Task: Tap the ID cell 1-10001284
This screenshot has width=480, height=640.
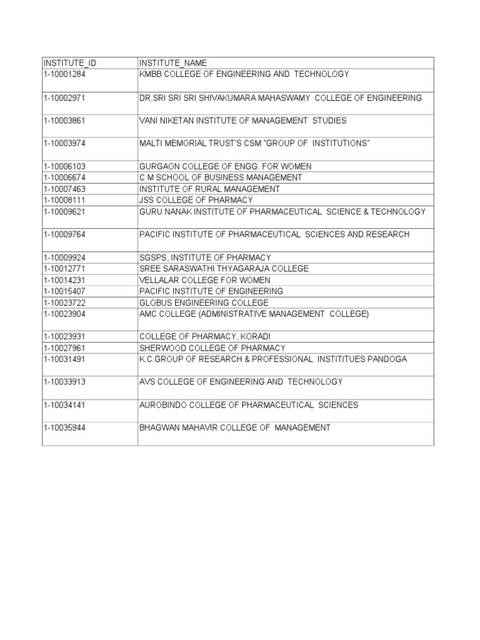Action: tap(65, 74)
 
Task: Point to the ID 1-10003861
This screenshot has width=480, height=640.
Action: tap(65, 121)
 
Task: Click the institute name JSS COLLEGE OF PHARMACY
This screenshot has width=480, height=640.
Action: tap(196, 200)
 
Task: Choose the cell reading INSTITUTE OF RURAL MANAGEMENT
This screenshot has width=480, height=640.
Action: tap(209, 189)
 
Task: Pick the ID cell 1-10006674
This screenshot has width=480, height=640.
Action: tap(65, 177)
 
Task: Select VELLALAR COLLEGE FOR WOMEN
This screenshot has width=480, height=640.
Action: tap(202, 280)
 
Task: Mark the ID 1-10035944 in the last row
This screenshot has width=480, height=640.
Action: tap(65, 427)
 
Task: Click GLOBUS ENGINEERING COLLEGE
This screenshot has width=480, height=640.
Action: tap(204, 302)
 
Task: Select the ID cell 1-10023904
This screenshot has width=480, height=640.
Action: tap(65, 314)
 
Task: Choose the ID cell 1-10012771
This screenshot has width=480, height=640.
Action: tap(65, 269)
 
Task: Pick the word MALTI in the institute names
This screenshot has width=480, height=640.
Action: tap(151, 144)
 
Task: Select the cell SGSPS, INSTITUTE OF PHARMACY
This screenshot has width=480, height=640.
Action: tap(205, 257)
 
